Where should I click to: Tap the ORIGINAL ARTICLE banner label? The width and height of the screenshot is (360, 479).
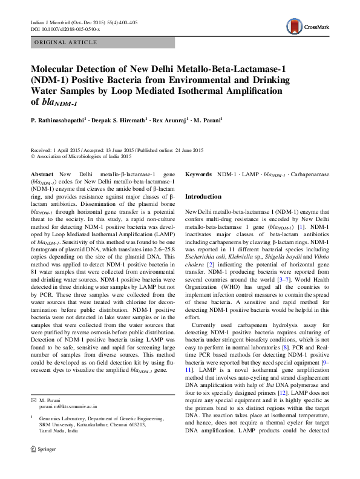click(x=66, y=42)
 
